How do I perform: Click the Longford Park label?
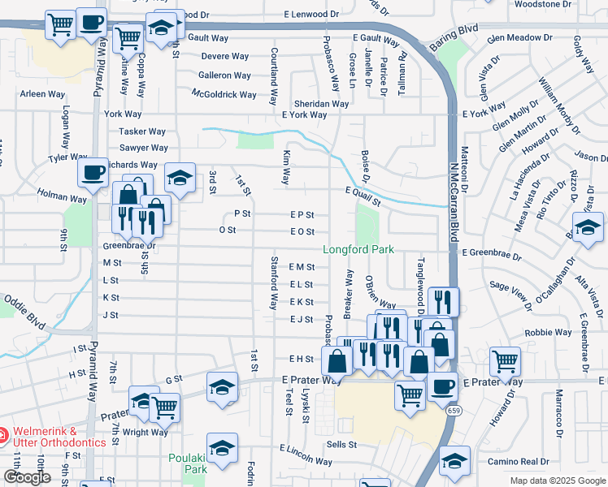click(358, 249)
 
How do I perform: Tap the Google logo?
click(28, 477)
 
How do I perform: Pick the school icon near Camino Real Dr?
click(454, 460)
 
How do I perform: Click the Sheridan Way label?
click(321, 104)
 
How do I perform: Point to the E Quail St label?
click(363, 192)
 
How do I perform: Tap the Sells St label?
click(341, 445)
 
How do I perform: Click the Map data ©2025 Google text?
click(557, 481)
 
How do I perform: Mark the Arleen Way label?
click(43, 94)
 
